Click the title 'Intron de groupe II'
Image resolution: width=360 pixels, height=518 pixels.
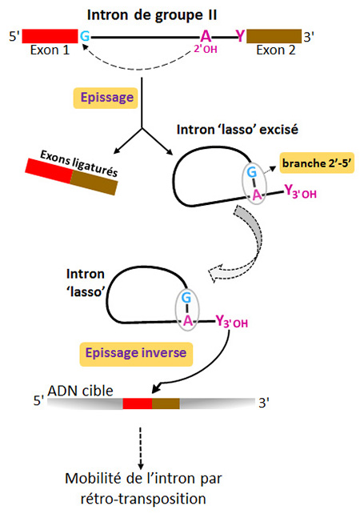click(x=152, y=15)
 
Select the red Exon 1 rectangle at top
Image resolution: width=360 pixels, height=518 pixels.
click(x=50, y=36)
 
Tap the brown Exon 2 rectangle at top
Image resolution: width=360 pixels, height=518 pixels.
click(x=274, y=36)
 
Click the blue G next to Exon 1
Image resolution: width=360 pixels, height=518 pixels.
click(x=85, y=36)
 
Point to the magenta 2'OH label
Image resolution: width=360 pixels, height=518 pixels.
click(x=206, y=49)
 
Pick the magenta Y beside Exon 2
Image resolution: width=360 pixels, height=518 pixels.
click(x=241, y=36)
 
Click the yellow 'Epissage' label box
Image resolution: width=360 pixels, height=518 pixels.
click(x=106, y=98)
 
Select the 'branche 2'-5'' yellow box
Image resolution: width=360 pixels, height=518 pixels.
click(x=317, y=163)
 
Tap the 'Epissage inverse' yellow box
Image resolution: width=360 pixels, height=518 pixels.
click(x=136, y=353)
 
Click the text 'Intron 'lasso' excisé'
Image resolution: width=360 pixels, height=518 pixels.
click(x=238, y=130)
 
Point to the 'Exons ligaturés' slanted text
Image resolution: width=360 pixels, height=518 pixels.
click(x=79, y=163)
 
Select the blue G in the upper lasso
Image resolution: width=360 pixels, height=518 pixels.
click(x=252, y=172)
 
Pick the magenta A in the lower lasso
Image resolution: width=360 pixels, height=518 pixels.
click(x=188, y=320)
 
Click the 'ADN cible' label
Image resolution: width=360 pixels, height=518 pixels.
click(x=80, y=392)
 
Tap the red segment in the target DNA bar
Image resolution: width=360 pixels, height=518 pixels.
click(x=138, y=404)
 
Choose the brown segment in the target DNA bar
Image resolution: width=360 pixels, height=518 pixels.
click(x=166, y=404)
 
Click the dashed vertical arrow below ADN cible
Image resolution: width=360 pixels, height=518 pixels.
click(x=141, y=448)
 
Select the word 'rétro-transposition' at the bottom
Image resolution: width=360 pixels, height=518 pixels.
click(x=143, y=499)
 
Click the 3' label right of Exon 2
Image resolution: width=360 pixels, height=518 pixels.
click(x=309, y=37)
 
